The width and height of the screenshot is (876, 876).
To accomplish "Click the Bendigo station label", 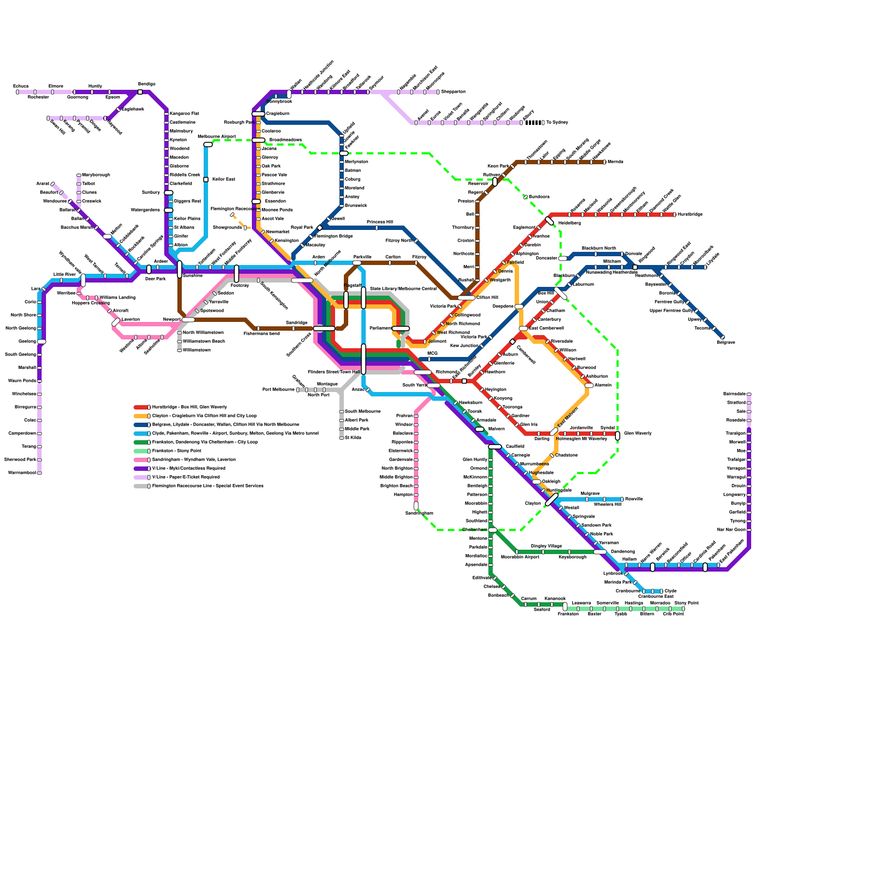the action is coord(146,84).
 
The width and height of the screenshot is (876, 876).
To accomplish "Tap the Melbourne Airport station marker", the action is coord(208,145).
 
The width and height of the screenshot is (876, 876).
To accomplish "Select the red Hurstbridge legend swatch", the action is coord(141,407).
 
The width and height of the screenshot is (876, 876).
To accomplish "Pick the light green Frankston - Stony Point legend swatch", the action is coord(141,451).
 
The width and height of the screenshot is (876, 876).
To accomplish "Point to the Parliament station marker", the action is coord(401,328).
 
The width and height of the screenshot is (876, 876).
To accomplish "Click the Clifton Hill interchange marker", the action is coord(466,298).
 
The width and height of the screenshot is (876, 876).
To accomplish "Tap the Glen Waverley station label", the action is coord(638,434).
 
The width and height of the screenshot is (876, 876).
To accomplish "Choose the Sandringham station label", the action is coord(419,514).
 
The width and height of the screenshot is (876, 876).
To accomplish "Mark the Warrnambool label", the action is coord(22,473).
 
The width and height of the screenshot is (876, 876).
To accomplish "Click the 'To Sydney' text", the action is coord(557,123).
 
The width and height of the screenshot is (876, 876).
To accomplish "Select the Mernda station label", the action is coord(615,162).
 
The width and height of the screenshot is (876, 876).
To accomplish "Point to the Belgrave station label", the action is coord(726,343).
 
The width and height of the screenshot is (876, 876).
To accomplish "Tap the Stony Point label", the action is coord(687,603).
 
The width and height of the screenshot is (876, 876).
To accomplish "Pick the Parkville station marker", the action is coord(357,263).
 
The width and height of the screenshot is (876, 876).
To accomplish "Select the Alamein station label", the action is coord(603,385).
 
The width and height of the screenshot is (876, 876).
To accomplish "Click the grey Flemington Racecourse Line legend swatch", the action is coord(141,486).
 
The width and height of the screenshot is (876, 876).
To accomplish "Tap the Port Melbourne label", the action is coord(278,390).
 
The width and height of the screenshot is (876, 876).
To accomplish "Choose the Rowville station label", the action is coord(634,499).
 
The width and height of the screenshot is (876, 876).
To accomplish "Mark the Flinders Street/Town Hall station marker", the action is coord(364,359).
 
